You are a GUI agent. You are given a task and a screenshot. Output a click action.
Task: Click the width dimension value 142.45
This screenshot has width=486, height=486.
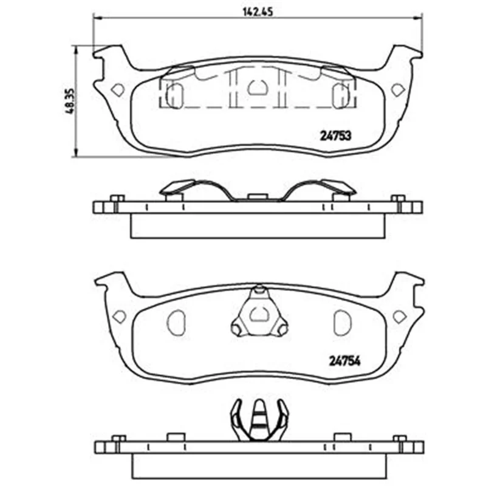pos(258,12)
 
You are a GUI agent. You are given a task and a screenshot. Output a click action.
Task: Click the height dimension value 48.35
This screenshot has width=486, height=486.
pos(70,101)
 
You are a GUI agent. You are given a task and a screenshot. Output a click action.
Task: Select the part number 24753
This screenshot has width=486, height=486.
pos(335,135)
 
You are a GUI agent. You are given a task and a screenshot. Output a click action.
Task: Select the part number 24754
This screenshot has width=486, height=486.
pos(344,361)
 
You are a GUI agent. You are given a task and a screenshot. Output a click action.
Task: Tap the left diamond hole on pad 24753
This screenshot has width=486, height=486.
pos(118,90)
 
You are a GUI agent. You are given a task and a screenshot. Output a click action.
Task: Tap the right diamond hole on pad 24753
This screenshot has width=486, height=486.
pos(398,90)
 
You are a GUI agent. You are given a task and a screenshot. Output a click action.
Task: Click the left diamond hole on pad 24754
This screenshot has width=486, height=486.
pos(120,317)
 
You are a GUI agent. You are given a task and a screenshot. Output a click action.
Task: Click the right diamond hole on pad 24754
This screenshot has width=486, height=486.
pos(400,317)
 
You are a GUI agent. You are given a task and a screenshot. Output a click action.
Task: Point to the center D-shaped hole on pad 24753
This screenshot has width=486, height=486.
pos(257,87)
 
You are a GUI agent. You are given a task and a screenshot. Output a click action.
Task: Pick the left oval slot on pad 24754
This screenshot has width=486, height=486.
pos(176,323)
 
